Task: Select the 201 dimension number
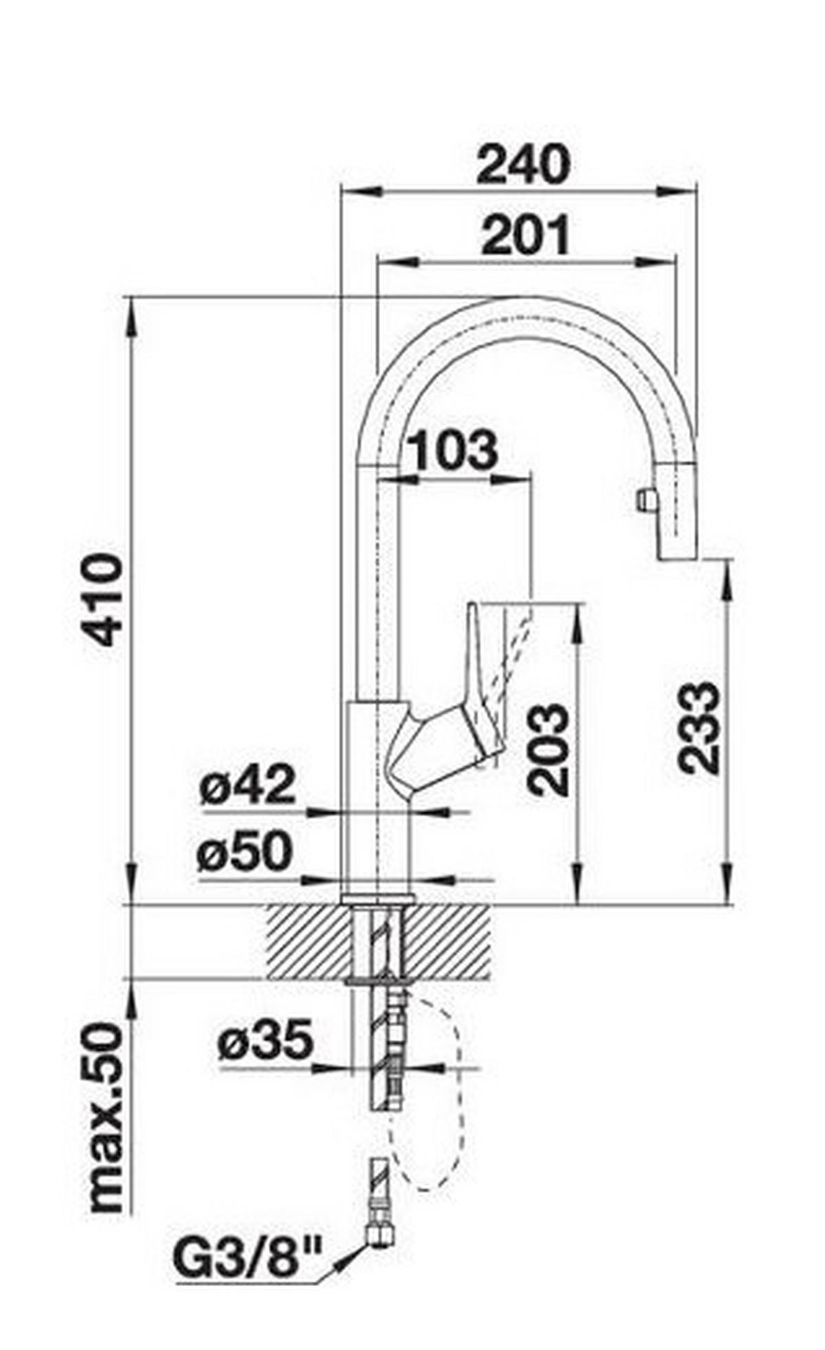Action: point(526,235)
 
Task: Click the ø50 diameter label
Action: point(244,853)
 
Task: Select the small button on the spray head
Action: point(644,499)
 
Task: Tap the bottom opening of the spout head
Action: point(676,558)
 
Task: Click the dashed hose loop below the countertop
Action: point(450,1073)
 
